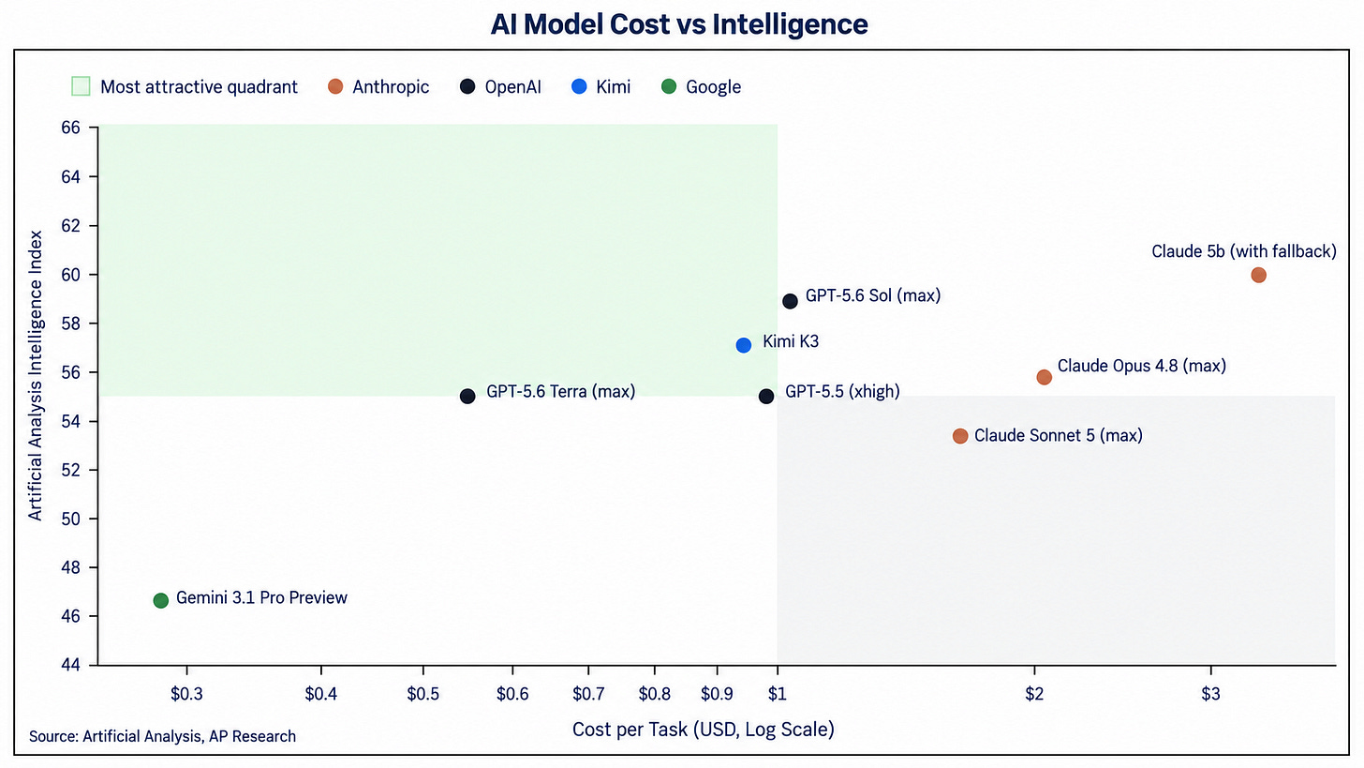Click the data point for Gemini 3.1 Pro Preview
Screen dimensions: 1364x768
click(x=161, y=601)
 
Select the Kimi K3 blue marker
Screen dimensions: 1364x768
click(x=744, y=346)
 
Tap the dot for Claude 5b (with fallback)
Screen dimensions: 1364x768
click(x=1259, y=276)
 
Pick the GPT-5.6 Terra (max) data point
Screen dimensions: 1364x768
click(x=467, y=397)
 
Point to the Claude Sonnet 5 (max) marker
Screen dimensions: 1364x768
click(x=960, y=436)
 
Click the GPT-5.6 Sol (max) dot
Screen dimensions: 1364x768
click(x=790, y=302)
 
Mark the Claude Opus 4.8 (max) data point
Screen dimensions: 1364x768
click(x=1045, y=377)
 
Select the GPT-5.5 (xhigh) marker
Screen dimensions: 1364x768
click(x=766, y=397)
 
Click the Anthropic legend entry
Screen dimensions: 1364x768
click(x=378, y=87)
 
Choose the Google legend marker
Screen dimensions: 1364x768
click(x=669, y=86)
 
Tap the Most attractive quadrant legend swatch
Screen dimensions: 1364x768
click(x=81, y=86)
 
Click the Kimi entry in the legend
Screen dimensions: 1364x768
click(x=601, y=87)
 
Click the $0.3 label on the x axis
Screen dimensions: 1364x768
click(x=187, y=694)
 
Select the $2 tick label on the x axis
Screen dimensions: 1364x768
click(x=1034, y=694)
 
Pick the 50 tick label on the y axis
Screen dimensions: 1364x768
click(x=70, y=520)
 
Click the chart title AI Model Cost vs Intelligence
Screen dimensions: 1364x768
click(x=679, y=25)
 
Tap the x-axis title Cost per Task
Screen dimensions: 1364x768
click(x=704, y=730)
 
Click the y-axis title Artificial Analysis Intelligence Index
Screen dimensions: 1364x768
click(x=36, y=375)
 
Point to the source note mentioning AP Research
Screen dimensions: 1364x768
click(x=163, y=737)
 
